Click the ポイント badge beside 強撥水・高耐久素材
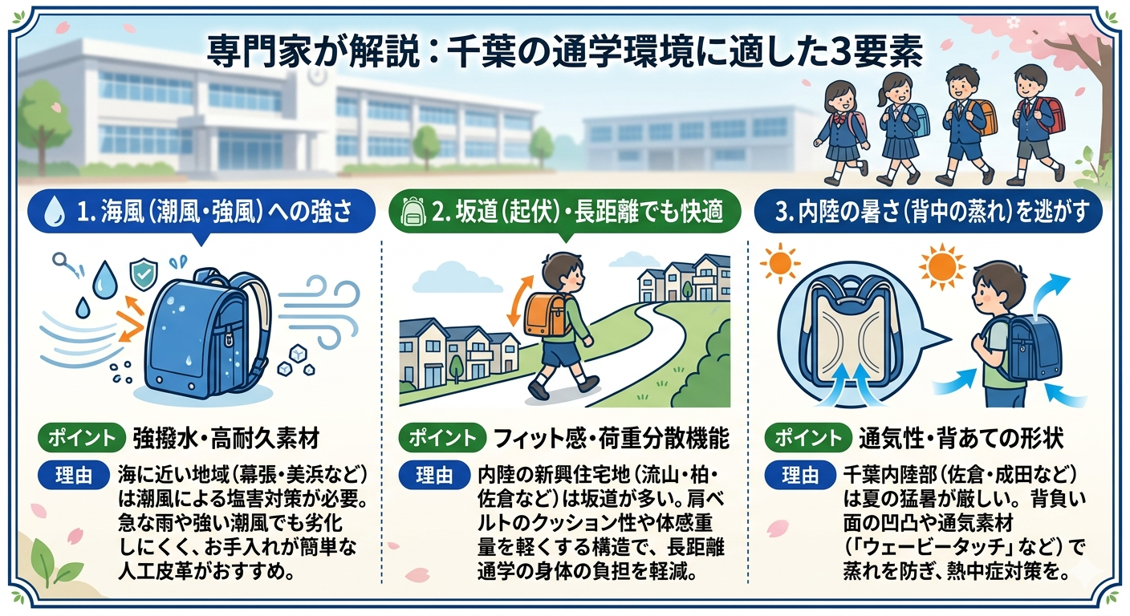tap(81, 438)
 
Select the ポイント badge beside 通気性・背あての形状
tap(807, 438)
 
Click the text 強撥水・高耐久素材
tap(226, 439)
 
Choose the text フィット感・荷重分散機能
tap(611, 439)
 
